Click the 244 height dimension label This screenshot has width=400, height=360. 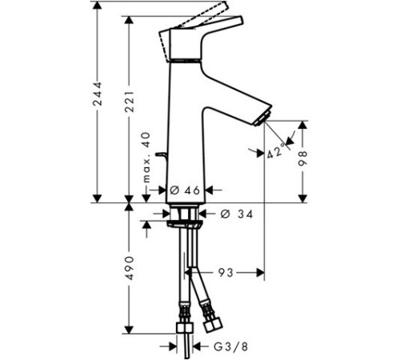click(97, 98)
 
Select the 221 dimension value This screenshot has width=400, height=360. click(128, 100)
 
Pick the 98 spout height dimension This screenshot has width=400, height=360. click(303, 158)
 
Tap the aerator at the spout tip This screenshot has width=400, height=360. click(260, 119)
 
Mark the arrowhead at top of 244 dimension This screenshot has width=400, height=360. click(97, 6)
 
